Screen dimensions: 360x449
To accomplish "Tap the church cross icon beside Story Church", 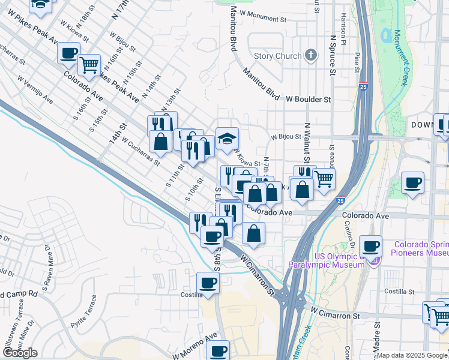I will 310,56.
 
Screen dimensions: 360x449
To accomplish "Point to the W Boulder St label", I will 309,98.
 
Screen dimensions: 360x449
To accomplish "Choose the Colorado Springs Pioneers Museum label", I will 421,248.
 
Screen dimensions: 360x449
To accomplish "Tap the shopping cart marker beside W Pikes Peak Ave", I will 89,64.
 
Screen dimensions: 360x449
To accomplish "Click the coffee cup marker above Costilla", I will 208,283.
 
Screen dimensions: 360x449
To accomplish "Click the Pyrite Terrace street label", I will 83,317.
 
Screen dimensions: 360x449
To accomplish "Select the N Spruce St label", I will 332,53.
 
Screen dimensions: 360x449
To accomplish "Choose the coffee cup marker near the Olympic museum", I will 370,246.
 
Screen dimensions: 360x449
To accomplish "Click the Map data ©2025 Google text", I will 412,355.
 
